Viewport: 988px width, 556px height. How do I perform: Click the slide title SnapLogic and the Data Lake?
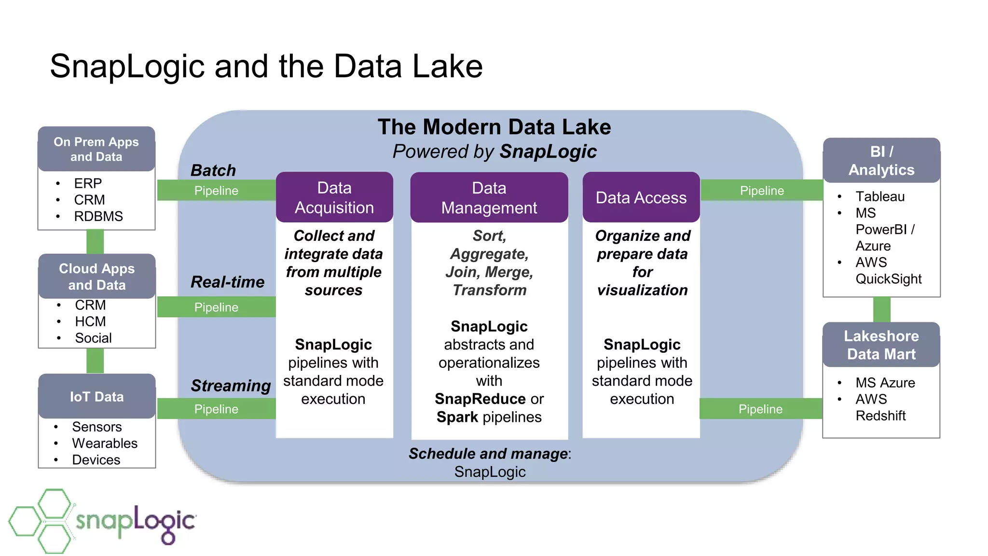(266, 66)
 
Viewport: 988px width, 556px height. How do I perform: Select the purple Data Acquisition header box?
(334, 197)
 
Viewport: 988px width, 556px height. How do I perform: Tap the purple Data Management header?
(489, 197)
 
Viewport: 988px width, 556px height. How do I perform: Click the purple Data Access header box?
(641, 197)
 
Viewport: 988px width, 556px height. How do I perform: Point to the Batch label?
(213, 170)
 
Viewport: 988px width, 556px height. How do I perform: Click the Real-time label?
(227, 282)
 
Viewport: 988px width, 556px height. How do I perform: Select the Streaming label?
(231, 386)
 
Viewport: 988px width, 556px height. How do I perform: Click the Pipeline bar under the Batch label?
(216, 191)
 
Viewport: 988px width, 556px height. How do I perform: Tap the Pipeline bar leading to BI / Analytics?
(761, 191)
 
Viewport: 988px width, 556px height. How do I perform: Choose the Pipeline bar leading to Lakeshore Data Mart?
(760, 409)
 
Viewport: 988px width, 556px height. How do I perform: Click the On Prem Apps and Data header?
(96, 149)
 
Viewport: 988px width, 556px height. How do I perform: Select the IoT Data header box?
(96, 397)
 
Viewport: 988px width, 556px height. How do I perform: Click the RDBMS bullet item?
(98, 216)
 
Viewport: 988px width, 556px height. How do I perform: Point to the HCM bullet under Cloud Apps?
(90, 321)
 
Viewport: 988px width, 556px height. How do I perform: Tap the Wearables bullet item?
(105, 443)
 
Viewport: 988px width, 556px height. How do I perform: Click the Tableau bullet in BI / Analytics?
(879, 196)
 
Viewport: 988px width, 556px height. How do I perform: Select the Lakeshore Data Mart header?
(881, 345)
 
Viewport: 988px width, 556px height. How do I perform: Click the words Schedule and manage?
(488, 454)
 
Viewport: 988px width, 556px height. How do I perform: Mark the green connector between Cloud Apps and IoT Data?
(95, 361)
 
